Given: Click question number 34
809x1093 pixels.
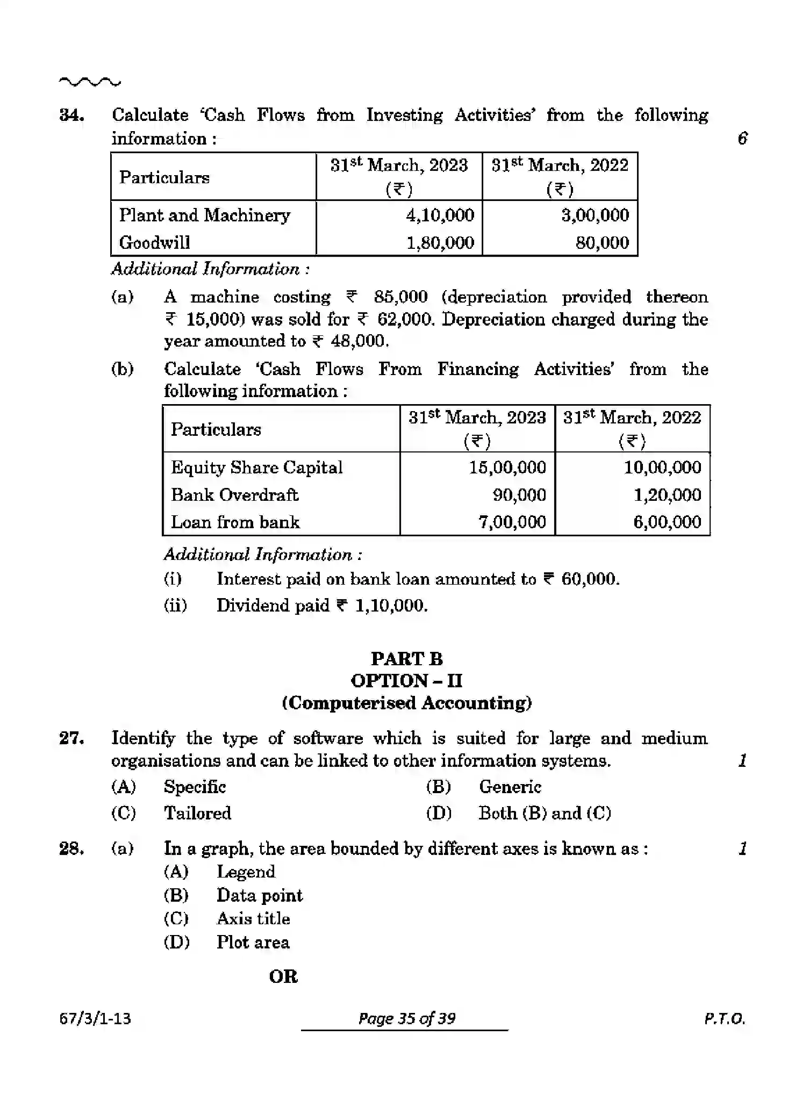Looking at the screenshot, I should point(71,116).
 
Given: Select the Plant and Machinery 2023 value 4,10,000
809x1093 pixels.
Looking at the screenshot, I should point(440,215).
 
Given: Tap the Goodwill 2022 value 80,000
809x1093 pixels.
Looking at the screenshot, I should point(602,243).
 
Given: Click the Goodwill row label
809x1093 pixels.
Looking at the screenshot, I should point(155,243).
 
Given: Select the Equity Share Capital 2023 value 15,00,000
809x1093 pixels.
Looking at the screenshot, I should point(507,468).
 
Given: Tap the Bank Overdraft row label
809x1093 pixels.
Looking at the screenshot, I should point(234,495).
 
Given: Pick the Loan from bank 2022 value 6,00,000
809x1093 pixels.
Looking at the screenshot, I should point(667,522).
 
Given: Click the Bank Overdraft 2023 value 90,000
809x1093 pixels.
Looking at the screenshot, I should point(519,495).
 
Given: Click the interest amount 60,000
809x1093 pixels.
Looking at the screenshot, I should point(589,579).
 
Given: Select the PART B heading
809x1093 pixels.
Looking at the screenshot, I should point(406,659).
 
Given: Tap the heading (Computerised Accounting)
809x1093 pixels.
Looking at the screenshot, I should point(406,703).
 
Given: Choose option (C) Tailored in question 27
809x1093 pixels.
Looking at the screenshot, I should point(197,813).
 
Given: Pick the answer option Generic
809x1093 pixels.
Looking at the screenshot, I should point(510,787).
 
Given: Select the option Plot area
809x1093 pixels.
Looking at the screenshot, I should point(253,942).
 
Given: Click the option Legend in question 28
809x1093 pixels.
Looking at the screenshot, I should point(246,872).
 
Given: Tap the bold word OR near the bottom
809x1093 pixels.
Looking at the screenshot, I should point(283,976).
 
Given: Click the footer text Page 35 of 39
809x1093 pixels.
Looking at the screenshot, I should point(406,1019).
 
